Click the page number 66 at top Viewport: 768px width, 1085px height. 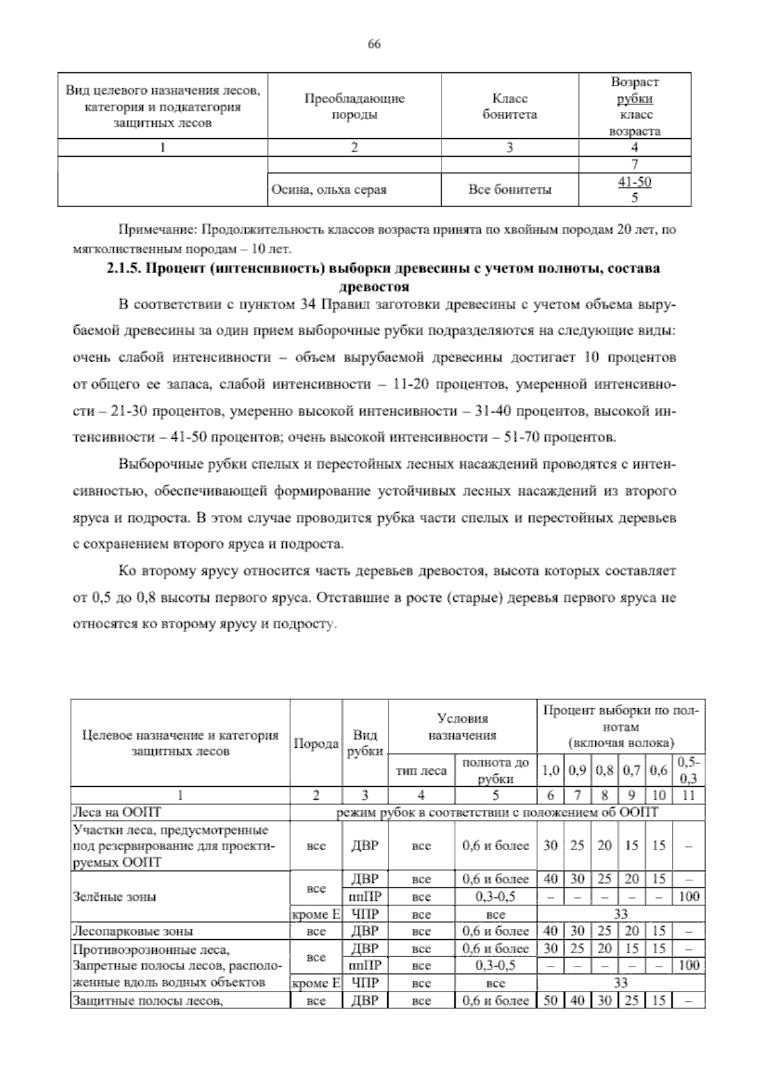(x=374, y=44)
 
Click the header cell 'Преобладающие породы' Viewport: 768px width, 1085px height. (x=354, y=106)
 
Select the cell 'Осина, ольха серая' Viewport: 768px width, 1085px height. (x=329, y=190)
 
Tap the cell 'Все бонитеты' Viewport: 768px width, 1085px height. (x=509, y=190)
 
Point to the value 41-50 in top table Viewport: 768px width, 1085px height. (x=634, y=182)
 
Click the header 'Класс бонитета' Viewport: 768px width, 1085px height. (x=509, y=106)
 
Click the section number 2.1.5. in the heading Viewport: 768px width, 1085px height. (x=124, y=269)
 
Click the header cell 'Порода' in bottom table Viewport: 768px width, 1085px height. (x=316, y=743)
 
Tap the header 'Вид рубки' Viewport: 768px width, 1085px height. (x=365, y=743)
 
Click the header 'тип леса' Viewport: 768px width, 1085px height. (x=421, y=771)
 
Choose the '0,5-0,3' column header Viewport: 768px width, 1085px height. (x=689, y=770)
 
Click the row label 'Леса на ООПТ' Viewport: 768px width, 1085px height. (x=117, y=812)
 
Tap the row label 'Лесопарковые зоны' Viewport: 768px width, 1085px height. (x=133, y=931)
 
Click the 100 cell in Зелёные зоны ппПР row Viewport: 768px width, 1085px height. (x=689, y=896)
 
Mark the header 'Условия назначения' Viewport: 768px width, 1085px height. (x=462, y=727)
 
